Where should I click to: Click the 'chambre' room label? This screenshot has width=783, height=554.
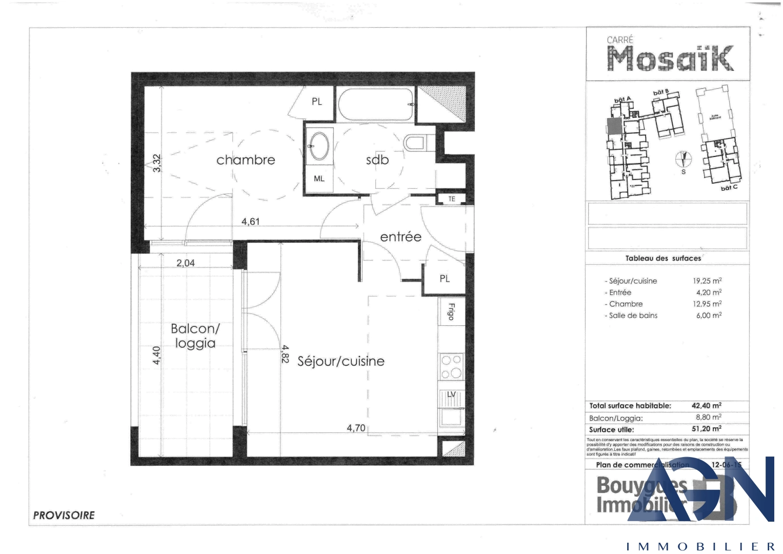[246, 160]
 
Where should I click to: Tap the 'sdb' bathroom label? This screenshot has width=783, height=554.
[377, 160]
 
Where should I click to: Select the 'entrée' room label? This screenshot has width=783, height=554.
[400, 237]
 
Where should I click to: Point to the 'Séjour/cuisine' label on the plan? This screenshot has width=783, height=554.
[341, 361]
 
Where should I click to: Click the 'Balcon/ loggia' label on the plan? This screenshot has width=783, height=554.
[195, 336]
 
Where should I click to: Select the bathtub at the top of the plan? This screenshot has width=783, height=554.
[376, 105]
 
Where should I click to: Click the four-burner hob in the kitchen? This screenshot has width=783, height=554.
[451, 367]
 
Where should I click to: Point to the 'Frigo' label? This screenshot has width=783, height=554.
[451, 311]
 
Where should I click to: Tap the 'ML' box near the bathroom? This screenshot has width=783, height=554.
[319, 179]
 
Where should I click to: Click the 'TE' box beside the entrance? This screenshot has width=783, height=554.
[451, 199]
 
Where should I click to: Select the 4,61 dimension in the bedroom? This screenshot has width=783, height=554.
[251, 222]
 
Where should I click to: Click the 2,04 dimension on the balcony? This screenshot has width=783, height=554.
[186, 263]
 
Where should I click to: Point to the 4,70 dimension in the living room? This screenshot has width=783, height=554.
[356, 428]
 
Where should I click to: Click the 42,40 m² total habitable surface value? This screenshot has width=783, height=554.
[706, 406]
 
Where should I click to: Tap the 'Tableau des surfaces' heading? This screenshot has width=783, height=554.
[663, 259]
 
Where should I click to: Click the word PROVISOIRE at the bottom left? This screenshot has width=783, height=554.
[64, 516]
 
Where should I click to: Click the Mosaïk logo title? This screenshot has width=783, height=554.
[670, 58]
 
